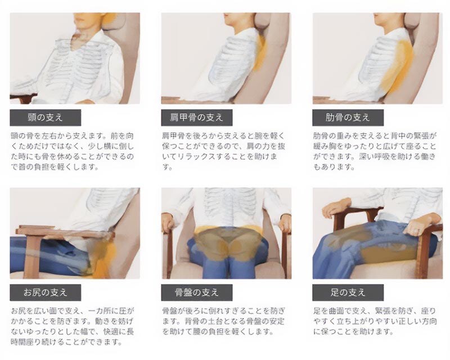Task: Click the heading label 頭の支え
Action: click(x=45, y=118)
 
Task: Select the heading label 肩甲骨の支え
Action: click(x=196, y=118)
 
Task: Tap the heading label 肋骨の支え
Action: click(x=348, y=118)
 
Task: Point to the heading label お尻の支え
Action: click(x=45, y=292)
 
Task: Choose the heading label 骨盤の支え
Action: click(x=196, y=292)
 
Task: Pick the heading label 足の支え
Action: click(x=348, y=292)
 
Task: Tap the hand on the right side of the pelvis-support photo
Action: click(x=285, y=222)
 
